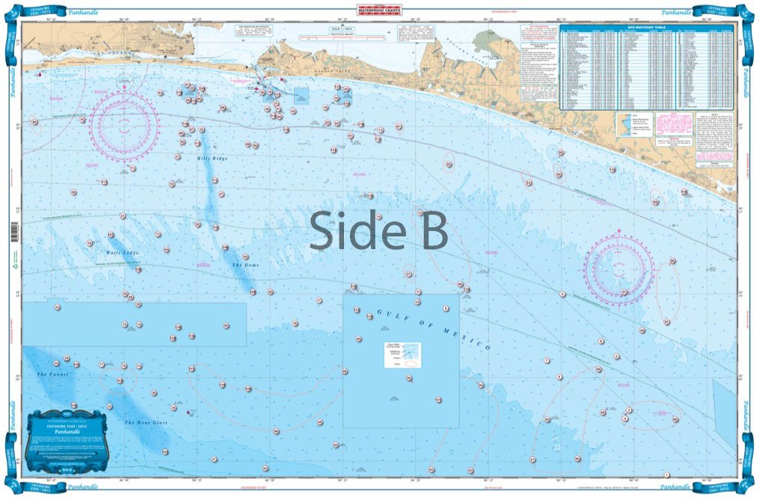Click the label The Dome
245,266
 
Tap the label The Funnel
50,374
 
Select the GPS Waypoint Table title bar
648,28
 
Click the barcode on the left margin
15,229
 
